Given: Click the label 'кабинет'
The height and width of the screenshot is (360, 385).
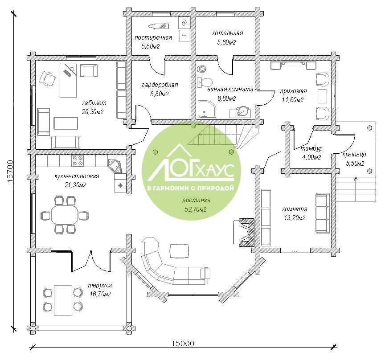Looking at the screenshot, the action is [x=94, y=102].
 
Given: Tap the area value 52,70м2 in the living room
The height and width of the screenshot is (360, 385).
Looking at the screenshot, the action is [x=195, y=209].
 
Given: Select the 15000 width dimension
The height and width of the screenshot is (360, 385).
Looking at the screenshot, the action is [x=182, y=344].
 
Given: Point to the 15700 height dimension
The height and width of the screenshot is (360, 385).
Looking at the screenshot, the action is [x=10, y=171].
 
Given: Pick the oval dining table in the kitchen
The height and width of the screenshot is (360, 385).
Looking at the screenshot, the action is [x=65, y=215].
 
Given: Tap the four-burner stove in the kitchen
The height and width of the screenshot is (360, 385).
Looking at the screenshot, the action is [x=78, y=161].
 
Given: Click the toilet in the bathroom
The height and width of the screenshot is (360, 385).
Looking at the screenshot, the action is [x=205, y=82].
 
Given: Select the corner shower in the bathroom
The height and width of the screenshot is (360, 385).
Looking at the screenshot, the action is [x=207, y=109].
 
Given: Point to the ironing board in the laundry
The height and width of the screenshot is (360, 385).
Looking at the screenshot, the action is [x=159, y=25].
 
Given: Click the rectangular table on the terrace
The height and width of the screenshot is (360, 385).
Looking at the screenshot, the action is [x=63, y=300].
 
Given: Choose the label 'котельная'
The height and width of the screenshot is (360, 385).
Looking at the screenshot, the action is [x=228, y=33].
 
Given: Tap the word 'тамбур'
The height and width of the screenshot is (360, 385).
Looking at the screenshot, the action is [x=311, y=148].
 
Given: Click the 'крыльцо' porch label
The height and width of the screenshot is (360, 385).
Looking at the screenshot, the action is [x=354, y=155].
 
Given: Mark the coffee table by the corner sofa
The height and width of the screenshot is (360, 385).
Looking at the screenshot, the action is [x=180, y=251].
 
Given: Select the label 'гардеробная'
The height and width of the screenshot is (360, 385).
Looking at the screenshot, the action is [x=160, y=85].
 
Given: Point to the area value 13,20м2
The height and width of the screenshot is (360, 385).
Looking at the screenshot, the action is [x=295, y=218].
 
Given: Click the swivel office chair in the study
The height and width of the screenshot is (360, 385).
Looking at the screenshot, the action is [x=48, y=78].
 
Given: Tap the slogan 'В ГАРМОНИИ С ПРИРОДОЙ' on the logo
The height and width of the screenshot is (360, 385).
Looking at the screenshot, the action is [x=190, y=188].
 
